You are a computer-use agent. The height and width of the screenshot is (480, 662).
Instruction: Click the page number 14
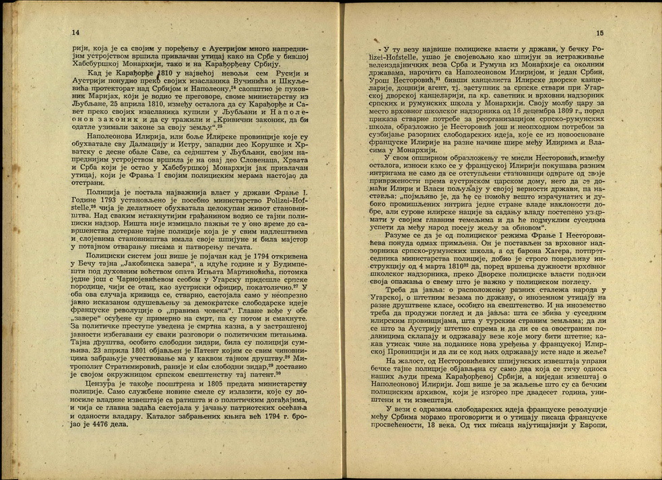tap(74, 32)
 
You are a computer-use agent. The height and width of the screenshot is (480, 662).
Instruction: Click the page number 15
tap(599, 33)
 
